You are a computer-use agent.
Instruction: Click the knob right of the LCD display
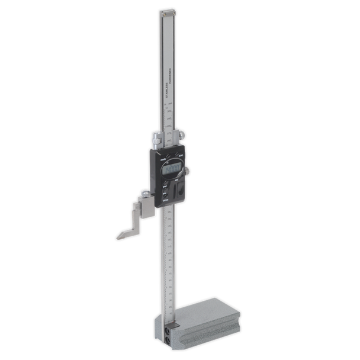[x=188, y=172]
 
